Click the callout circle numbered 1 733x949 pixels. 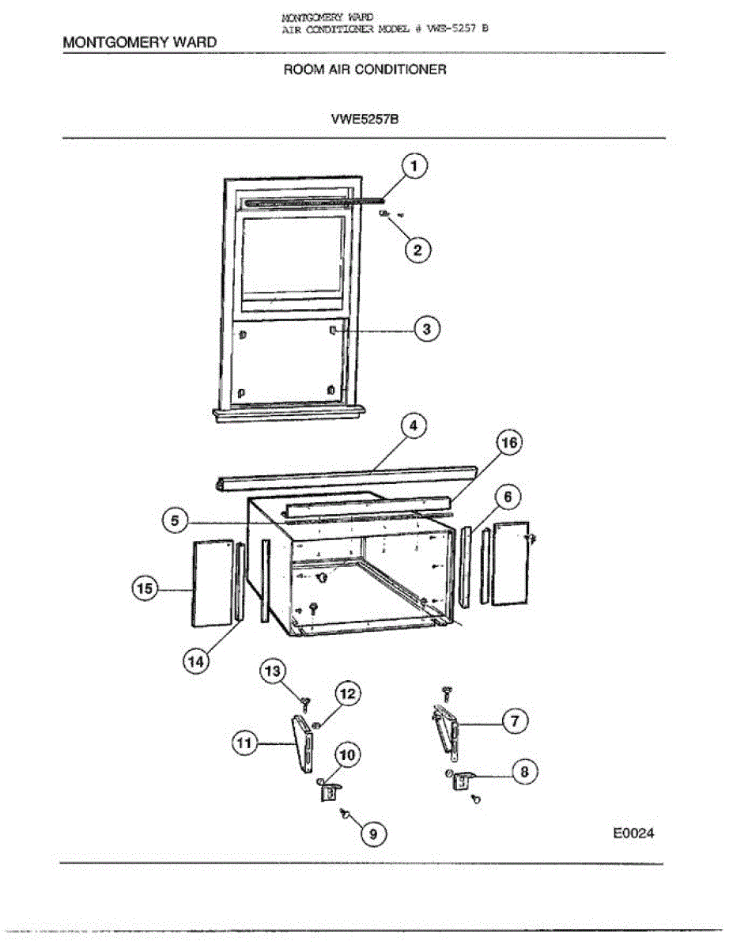414,167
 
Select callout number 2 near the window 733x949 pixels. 418,250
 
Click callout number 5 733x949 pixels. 176,521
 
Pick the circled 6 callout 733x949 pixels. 508,497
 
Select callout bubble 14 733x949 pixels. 195,662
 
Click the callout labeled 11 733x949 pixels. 245,743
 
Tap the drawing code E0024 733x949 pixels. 634,833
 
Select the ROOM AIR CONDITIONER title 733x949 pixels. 365,70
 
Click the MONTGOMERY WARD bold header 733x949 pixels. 139,42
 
